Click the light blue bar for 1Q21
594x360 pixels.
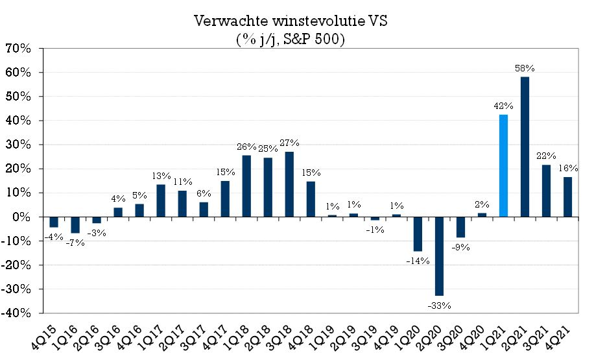(x=503, y=165)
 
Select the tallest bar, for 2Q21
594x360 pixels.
(x=525, y=147)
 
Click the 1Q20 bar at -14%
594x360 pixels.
(x=418, y=234)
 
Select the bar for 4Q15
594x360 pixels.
(x=54, y=222)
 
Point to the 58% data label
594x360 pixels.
(x=525, y=68)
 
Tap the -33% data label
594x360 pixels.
(x=439, y=304)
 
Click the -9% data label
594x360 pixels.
(x=461, y=247)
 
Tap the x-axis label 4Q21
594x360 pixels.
(x=562, y=337)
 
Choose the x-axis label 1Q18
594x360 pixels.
(x=240, y=337)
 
